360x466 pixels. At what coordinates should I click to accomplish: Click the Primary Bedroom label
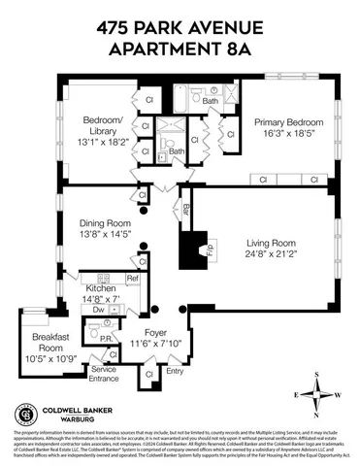point(287,122)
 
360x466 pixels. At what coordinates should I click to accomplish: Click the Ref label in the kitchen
point(132,280)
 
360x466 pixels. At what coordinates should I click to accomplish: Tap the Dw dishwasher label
point(99,310)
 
